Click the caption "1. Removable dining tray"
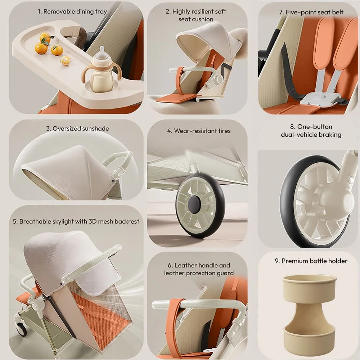tap(72, 12)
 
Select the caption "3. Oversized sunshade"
tap(77, 129)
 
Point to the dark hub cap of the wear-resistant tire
tap(194, 204)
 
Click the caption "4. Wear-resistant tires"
tap(199, 131)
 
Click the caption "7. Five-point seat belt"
tap(311, 12)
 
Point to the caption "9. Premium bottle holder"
tap(311, 261)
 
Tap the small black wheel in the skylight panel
tap(22, 329)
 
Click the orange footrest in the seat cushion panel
tap(176, 98)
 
